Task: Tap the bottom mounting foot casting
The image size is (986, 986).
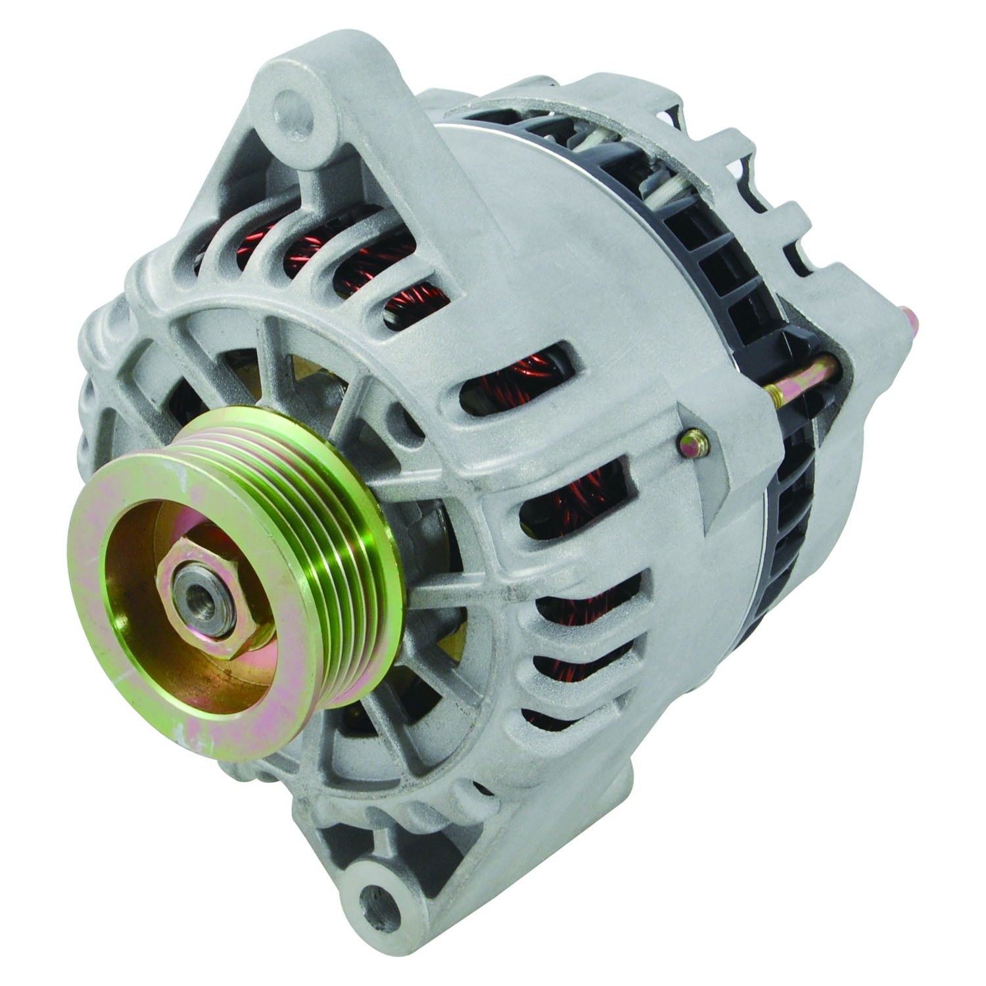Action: pyautogui.click(x=368, y=855)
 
